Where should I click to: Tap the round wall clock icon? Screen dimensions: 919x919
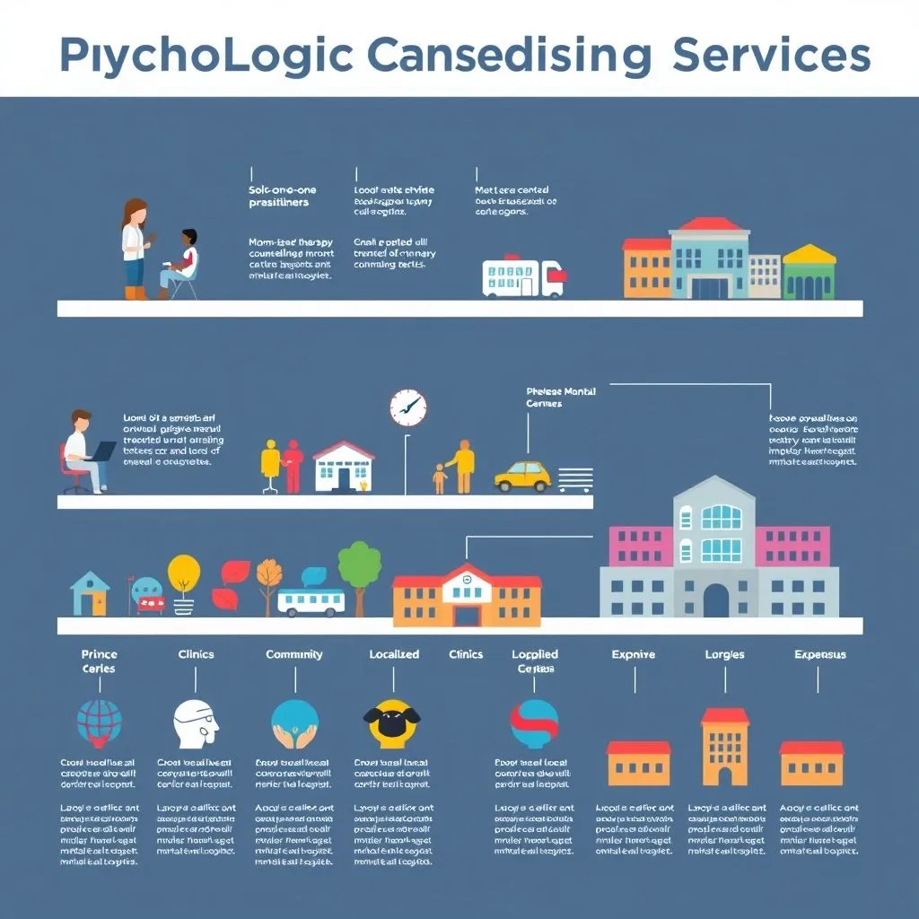(408, 407)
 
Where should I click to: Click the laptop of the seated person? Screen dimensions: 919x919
(101, 451)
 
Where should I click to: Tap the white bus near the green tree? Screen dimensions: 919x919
(311, 601)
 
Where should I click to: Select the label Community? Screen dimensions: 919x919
(293, 654)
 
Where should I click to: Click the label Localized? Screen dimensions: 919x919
(394, 654)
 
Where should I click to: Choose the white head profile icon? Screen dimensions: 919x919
(195, 723)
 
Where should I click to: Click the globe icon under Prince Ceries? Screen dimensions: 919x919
(99, 723)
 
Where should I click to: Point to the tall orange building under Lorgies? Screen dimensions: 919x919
(724, 747)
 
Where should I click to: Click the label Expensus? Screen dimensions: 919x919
(819, 654)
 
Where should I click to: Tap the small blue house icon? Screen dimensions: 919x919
(90, 593)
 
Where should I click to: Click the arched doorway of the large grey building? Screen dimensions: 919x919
(716, 600)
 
